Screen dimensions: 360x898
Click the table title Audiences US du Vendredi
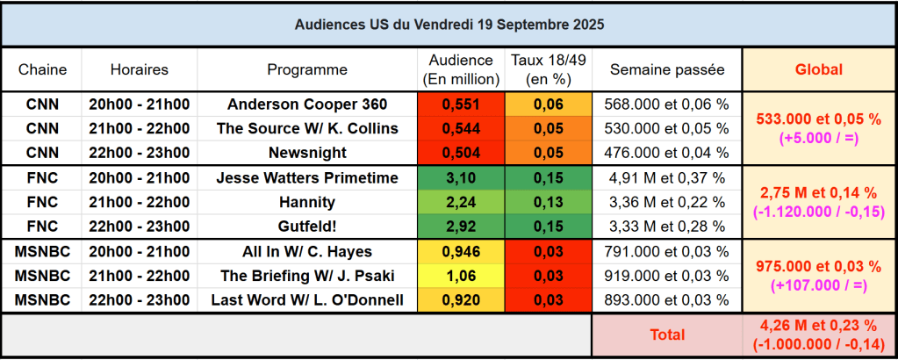[449, 24]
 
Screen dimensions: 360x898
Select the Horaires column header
[139, 69]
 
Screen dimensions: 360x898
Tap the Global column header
[818, 69]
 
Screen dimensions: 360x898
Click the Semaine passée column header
[667, 69]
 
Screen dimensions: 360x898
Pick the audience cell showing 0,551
[461, 104]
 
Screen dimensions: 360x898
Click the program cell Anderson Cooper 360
[307, 104]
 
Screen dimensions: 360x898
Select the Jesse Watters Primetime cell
[307, 178]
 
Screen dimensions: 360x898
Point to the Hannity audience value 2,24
[461, 203]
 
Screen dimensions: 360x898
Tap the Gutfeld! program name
[307, 227]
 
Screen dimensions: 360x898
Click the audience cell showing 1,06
[461, 276]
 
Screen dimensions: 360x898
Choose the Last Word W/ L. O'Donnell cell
[307, 300]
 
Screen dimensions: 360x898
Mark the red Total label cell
[667, 335]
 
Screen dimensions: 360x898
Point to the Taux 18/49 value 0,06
[549, 104]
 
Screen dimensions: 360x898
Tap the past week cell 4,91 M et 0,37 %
[667, 178]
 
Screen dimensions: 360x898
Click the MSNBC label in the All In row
[41, 252]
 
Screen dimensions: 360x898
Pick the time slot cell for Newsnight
[139, 153]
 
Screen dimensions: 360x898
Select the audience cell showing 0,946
[461, 252]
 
